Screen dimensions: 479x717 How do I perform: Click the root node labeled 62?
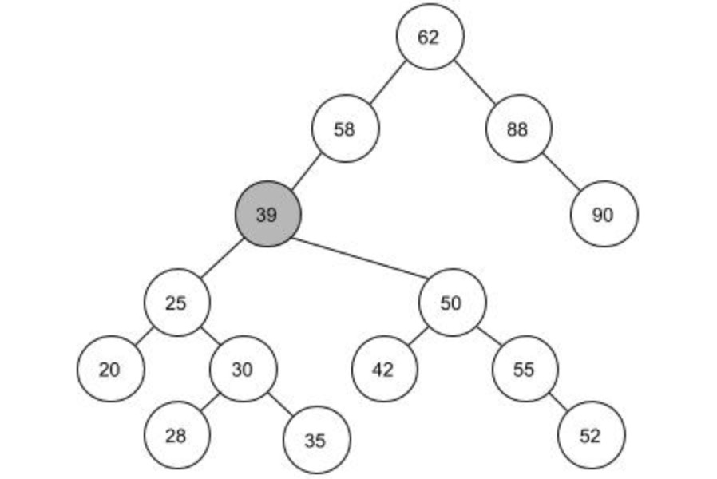pos(429,37)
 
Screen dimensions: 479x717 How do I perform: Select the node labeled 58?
pos(344,129)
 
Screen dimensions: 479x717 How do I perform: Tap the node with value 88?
pos(518,129)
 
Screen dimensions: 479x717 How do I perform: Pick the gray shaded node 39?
pos(267,214)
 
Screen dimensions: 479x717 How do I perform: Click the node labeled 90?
pos(604,214)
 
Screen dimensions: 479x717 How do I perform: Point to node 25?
pos(176,303)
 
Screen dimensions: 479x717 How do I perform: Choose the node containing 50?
pos(451,303)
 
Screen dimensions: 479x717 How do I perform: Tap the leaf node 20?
pos(110,369)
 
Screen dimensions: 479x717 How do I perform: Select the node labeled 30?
pos(243,369)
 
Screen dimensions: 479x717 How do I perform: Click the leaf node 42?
pos(384,369)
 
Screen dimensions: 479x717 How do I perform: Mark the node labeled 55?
pos(525,369)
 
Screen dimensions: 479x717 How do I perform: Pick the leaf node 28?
pos(176,435)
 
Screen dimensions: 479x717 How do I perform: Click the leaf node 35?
pos(316,440)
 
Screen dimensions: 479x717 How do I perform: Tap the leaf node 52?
pos(591,435)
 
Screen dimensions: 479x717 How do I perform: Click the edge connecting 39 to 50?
pos(359,259)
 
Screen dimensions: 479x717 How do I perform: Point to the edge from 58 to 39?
pos(306,171)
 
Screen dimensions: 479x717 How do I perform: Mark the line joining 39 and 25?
pos(222,258)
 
